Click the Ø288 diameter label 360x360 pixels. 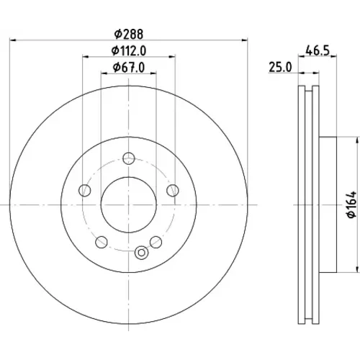(129, 34)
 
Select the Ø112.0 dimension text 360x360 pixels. (129, 51)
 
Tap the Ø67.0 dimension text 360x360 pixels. (129, 68)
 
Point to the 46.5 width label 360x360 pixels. (318, 51)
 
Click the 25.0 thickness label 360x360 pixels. (280, 67)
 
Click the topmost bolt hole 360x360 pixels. (129, 158)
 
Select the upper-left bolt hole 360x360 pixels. (85, 191)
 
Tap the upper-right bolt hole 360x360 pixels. (173, 191)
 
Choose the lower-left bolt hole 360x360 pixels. (102, 242)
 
